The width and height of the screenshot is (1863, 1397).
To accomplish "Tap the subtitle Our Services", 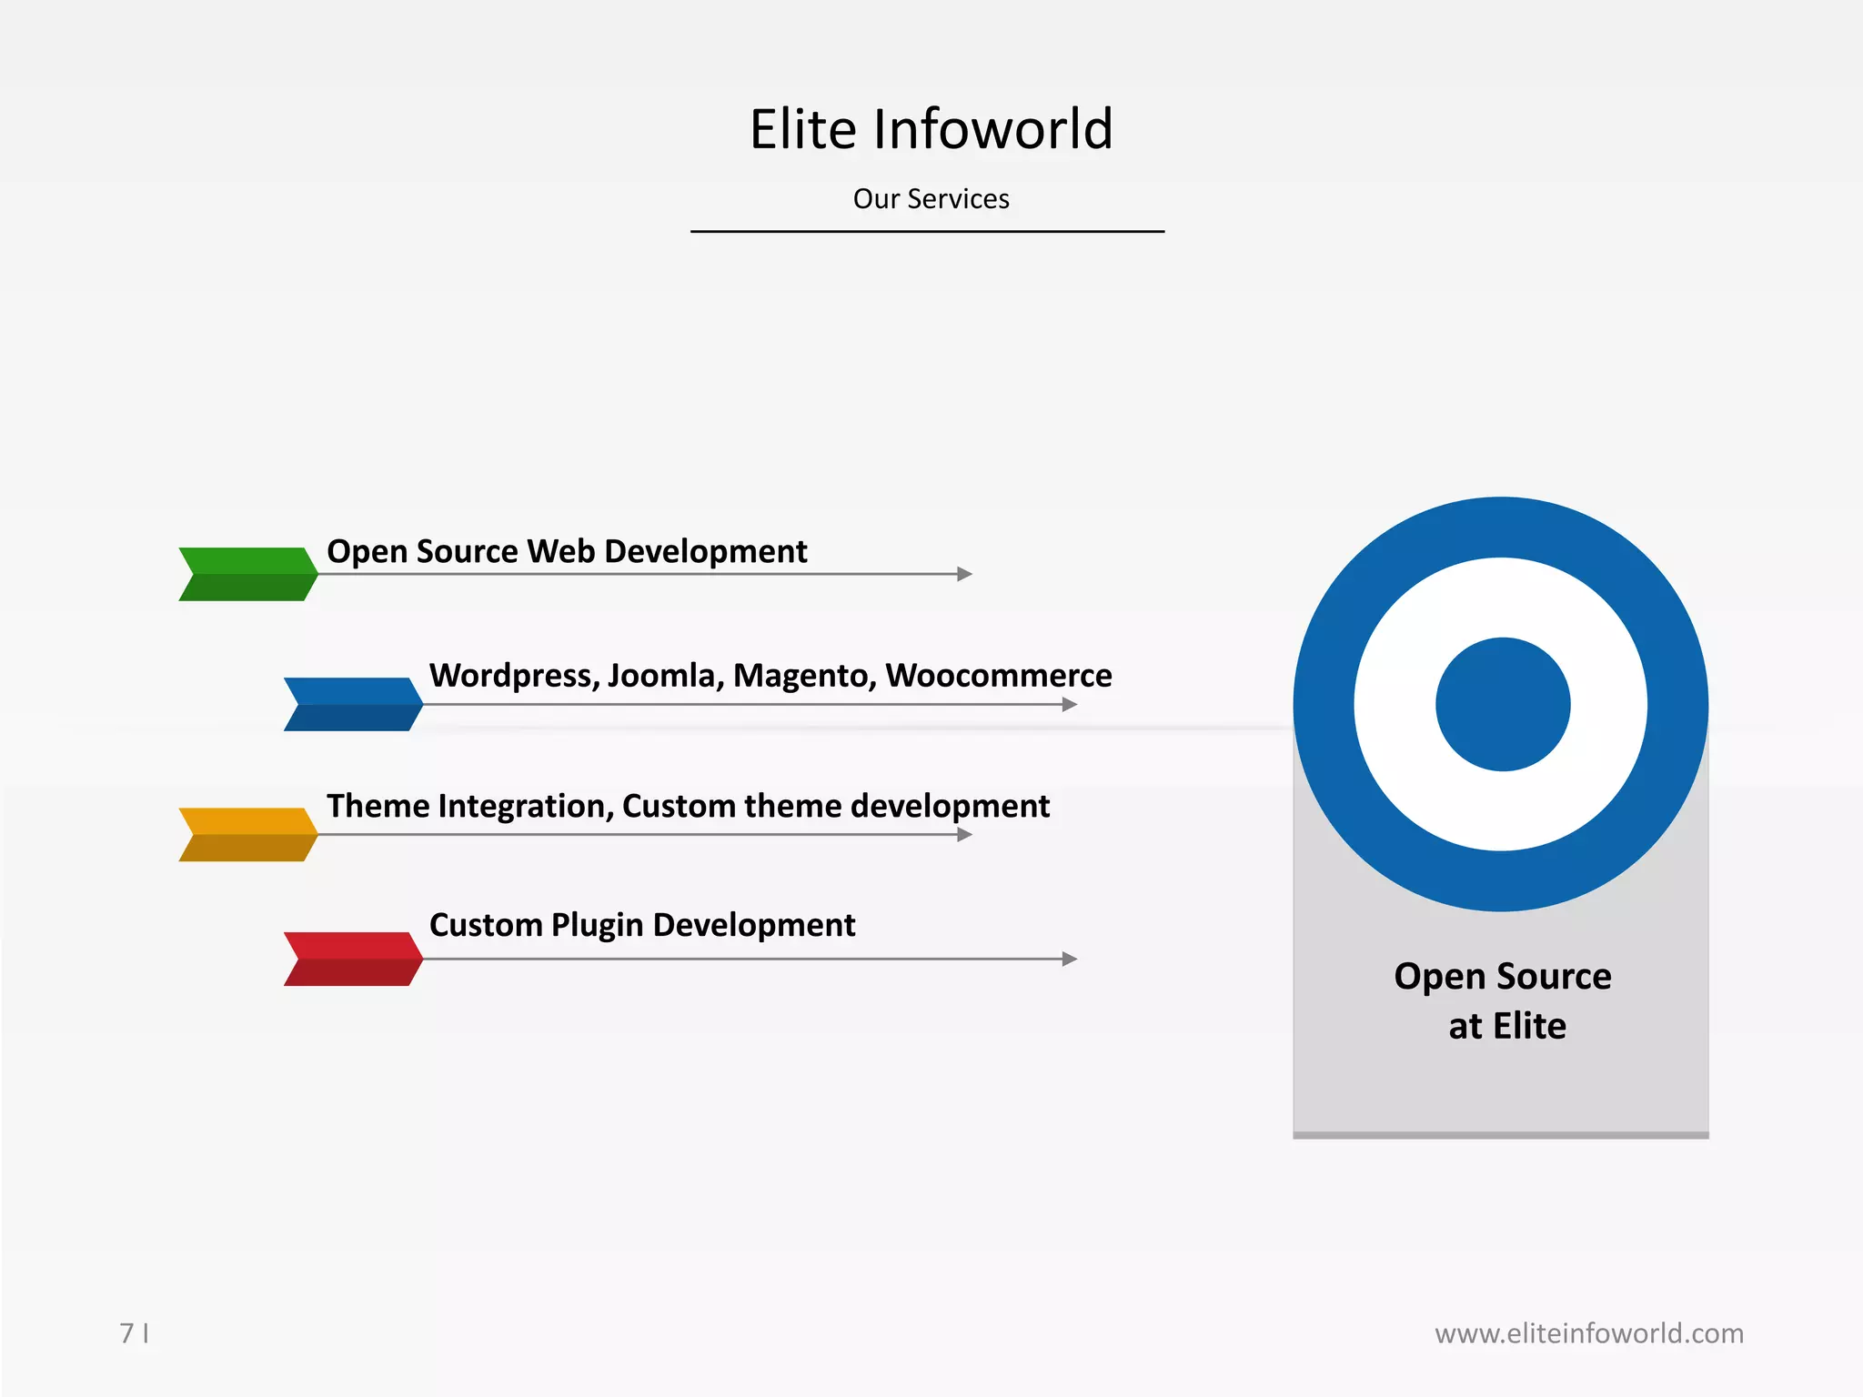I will [931, 199].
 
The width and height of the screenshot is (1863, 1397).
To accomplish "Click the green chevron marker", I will [247, 574].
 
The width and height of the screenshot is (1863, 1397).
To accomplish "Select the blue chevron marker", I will [353, 704].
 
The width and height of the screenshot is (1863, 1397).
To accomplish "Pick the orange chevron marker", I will [247, 834].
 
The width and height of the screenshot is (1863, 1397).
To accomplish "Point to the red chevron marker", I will [353, 959].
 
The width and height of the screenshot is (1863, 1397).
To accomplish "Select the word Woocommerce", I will [998, 676].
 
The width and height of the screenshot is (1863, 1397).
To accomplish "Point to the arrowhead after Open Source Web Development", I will [965, 574].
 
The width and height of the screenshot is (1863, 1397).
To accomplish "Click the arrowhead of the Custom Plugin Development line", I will [1070, 959].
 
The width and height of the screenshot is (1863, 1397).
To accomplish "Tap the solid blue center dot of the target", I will [1503, 704].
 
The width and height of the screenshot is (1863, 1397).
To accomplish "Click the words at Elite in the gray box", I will [1507, 1026].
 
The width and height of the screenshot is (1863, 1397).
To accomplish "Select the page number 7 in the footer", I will [126, 1333].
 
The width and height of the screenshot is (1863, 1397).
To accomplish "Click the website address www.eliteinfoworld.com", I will [1588, 1333].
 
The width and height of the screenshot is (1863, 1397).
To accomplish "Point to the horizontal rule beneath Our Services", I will [927, 231].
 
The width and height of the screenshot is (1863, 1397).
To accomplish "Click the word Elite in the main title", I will [802, 129].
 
